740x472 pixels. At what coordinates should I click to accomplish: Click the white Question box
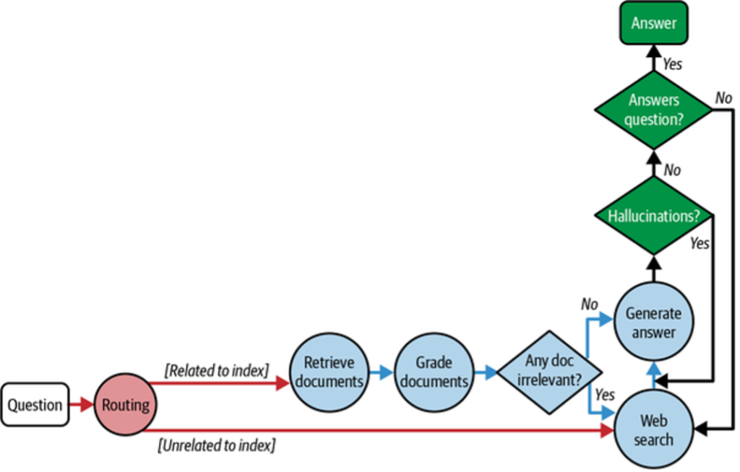coord(35,404)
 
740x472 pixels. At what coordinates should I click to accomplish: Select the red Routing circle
coord(124,406)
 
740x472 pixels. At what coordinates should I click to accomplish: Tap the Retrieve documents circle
coord(328,372)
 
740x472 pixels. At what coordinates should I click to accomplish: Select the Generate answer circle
coord(653,323)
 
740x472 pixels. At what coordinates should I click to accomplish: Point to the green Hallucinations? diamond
coord(653,216)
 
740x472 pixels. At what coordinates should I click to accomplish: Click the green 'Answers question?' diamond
coord(653,110)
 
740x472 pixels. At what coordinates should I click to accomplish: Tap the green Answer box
coord(653,23)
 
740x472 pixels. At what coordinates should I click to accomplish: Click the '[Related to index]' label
coord(217,371)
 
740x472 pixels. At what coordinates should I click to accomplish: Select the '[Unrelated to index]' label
coord(217,445)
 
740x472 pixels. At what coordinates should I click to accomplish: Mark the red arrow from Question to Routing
coord(81,405)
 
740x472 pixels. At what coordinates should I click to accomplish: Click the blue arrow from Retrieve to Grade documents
coord(380,373)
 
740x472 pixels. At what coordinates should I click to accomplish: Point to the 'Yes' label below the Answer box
coord(672,64)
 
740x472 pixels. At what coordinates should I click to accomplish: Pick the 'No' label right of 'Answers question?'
coord(723,97)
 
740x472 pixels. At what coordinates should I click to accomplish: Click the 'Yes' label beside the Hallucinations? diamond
coord(699,243)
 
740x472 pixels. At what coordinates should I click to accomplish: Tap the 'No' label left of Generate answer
coord(590,305)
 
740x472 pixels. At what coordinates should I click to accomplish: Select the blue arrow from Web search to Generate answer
coord(653,375)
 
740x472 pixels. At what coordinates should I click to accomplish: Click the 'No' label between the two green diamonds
coord(672,170)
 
